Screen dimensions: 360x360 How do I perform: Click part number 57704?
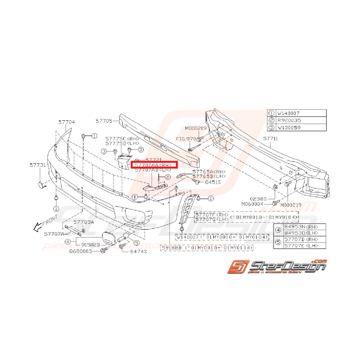click(x=67, y=122)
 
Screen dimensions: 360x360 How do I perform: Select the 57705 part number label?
click(x=104, y=121)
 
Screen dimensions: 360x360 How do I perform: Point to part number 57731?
click(x=38, y=165)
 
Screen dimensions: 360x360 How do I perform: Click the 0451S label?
click(x=213, y=181)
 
